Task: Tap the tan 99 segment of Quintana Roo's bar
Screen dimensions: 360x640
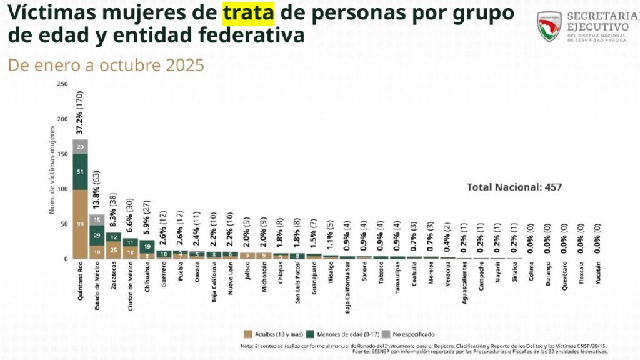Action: (79, 224)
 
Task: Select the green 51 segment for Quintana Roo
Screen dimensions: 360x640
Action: (79, 171)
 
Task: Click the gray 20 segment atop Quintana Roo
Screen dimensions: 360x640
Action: (79, 146)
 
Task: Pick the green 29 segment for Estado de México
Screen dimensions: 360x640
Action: (96, 235)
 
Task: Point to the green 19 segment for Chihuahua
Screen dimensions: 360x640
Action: (146, 246)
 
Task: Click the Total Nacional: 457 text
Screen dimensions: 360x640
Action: (514, 187)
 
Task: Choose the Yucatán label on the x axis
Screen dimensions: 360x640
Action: (596, 276)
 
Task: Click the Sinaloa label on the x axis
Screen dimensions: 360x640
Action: (513, 275)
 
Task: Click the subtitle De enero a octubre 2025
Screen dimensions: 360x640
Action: (106, 65)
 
